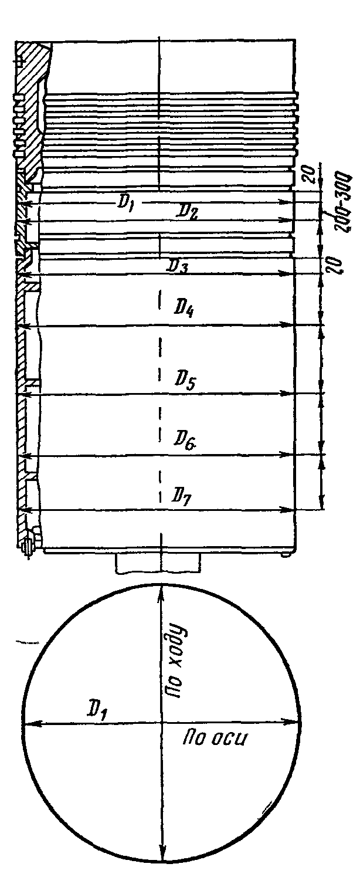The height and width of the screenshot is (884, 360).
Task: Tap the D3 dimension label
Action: tap(178, 266)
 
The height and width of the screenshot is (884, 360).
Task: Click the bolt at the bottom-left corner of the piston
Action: tap(28, 544)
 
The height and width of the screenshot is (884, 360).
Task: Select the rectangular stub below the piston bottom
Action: tap(158, 564)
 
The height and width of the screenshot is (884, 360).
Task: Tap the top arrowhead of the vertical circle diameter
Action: tap(160, 589)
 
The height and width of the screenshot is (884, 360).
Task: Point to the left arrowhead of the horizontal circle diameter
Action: tap(26, 723)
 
